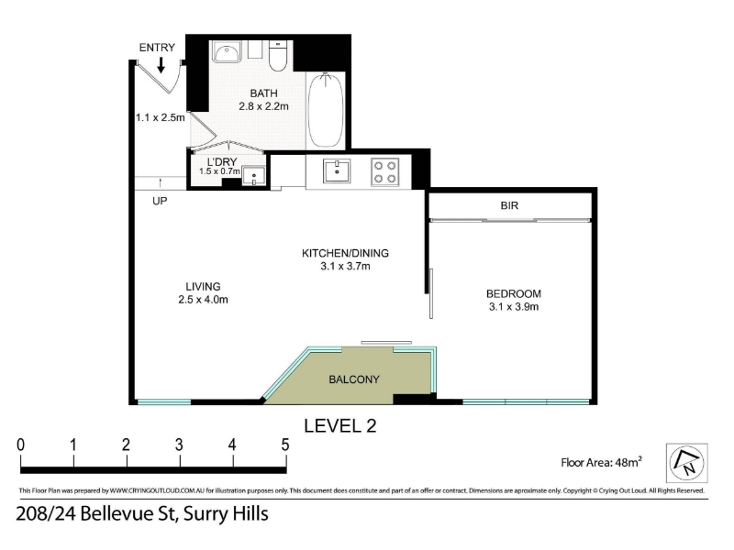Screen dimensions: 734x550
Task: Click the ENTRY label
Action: [157, 48]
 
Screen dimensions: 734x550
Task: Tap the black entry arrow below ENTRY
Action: [161, 65]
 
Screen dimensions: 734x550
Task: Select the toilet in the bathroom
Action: [278, 56]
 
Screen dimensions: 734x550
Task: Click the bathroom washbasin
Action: [227, 51]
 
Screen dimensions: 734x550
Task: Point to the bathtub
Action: [326, 110]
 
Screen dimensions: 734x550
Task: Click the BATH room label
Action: [263, 93]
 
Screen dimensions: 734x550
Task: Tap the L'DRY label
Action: [222, 162]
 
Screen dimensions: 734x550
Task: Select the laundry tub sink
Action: [254, 176]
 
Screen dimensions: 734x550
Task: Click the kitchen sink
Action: [337, 170]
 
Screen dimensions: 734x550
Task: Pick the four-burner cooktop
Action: [385, 171]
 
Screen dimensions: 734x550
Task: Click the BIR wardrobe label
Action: [509, 205]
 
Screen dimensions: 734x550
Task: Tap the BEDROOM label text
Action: [514, 293]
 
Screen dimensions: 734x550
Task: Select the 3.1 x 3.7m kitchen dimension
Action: [345, 267]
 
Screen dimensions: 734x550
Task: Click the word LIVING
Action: [203, 286]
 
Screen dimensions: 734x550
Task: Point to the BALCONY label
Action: [354, 379]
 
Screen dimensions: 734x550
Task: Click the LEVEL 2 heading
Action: [340, 425]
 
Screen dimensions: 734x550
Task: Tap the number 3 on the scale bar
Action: [179, 445]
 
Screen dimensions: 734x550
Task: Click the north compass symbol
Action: [686, 463]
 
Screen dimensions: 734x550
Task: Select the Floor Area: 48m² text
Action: [602, 462]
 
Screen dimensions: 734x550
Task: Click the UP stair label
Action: [160, 201]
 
